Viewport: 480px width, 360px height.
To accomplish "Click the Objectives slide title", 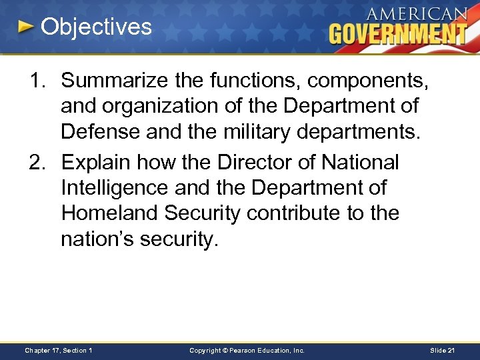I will click(96, 27).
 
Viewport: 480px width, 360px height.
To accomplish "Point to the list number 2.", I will click(37, 162).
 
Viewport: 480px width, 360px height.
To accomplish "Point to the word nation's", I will click(97, 239).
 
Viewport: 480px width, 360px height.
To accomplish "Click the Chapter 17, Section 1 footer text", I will click(58, 351).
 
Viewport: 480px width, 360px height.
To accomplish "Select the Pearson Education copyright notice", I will click(247, 351).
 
